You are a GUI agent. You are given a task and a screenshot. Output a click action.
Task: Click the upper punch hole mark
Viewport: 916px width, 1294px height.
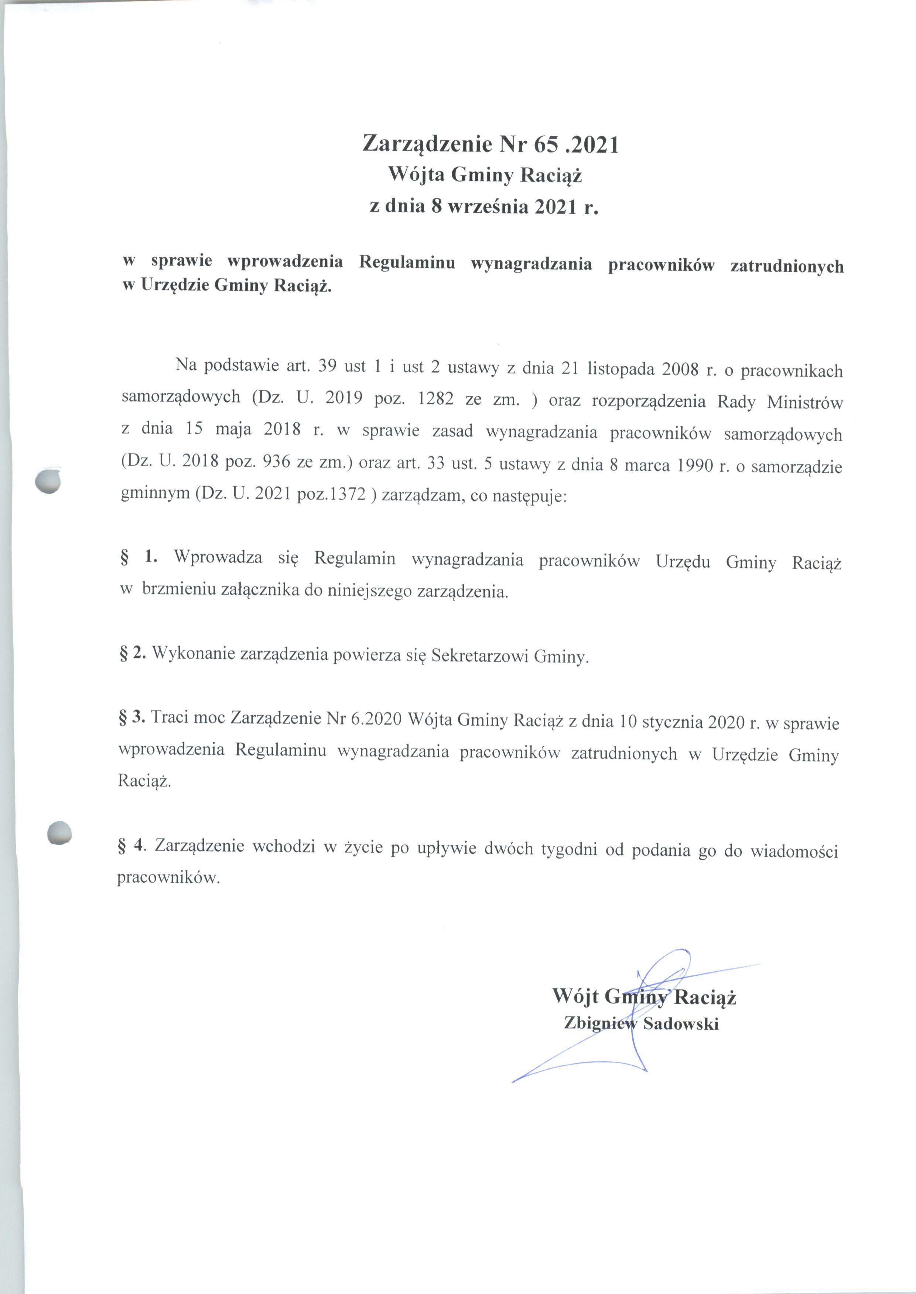point(47,481)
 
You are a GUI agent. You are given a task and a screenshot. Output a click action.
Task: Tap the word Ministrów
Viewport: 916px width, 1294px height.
point(805,403)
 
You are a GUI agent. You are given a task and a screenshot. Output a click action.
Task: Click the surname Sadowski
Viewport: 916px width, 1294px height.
point(681,1023)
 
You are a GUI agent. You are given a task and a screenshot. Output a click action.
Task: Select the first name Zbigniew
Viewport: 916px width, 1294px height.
point(600,1023)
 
